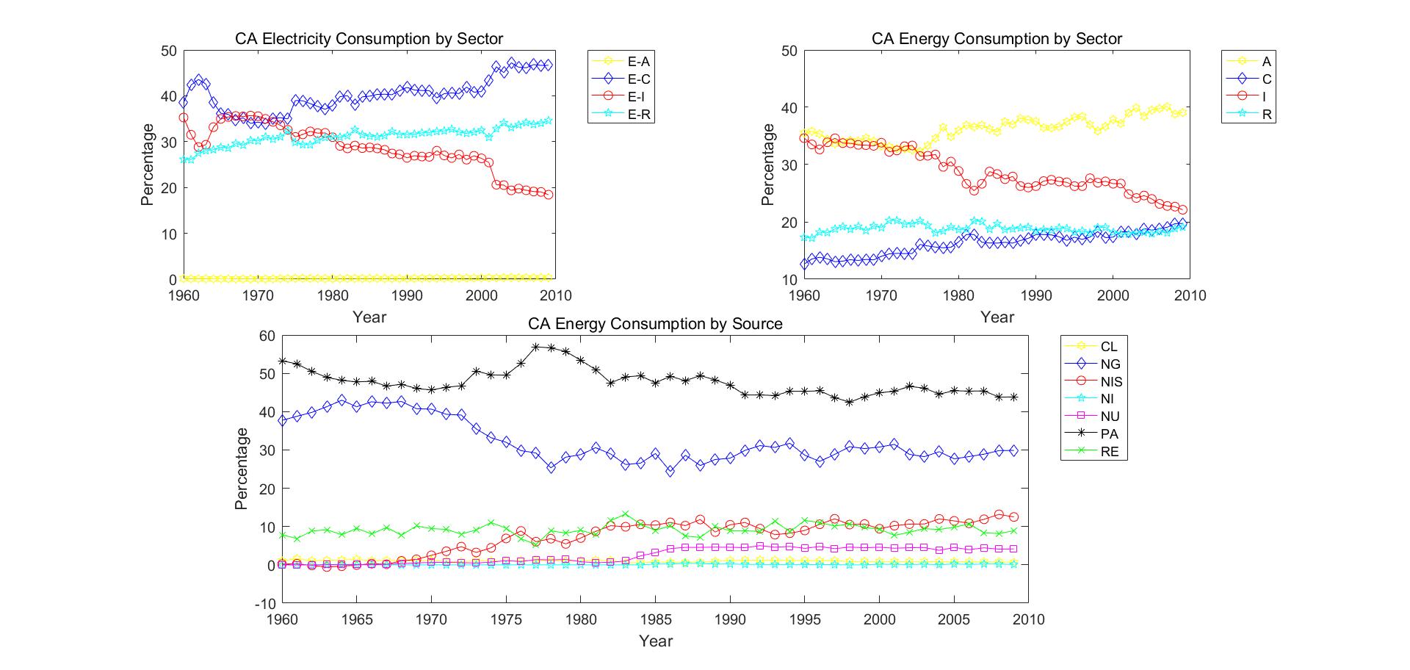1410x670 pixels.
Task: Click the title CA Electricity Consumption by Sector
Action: [x=369, y=39]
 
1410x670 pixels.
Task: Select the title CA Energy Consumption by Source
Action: [x=655, y=324]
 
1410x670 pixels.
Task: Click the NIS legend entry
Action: [x=1111, y=382]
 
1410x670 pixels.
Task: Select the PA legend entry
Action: [x=1109, y=434]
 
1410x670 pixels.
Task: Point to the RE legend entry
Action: [x=1109, y=452]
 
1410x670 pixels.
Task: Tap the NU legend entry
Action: [x=1110, y=417]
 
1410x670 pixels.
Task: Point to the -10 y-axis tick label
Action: [x=264, y=604]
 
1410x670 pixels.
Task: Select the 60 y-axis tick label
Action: [x=267, y=336]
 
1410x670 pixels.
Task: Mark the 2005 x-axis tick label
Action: [x=954, y=619]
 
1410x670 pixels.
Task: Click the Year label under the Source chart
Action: [x=655, y=641]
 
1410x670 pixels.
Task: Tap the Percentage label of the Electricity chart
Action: [x=148, y=165]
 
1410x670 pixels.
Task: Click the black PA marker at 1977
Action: [x=536, y=347]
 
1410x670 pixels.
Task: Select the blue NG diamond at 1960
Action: [x=282, y=420]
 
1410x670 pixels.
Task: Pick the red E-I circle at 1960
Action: [x=184, y=118]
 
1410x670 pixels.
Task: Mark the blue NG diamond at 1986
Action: [x=670, y=471]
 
